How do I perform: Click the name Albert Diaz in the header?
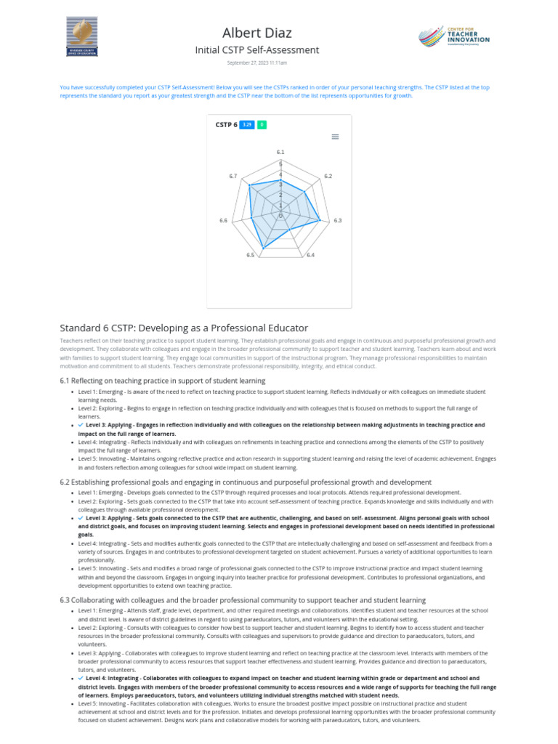coord(256,33)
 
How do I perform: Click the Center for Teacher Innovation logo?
coord(455,36)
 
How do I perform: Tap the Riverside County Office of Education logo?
coord(82,36)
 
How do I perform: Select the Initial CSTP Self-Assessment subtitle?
coord(256,50)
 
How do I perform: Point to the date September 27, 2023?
coord(256,63)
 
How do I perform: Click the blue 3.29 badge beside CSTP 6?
coord(247,125)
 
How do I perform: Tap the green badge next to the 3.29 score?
coord(262,125)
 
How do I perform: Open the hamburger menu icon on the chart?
coord(335,137)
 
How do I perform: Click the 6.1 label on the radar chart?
coord(280,152)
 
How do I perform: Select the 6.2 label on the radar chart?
coord(328,177)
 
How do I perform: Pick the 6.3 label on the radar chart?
coord(338,220)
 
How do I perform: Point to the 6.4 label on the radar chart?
coord(310,255)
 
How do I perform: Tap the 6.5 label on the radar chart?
coord(251,255)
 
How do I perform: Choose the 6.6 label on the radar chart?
coord(223,220)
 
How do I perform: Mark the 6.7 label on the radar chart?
coord(232,177)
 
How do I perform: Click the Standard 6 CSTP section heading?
coord(184,328)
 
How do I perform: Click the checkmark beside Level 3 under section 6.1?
coord(81,425)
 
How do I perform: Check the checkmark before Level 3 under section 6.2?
coord(81,518)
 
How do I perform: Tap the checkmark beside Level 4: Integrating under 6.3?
coord(81,678)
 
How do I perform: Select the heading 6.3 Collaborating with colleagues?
coord(242,599)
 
